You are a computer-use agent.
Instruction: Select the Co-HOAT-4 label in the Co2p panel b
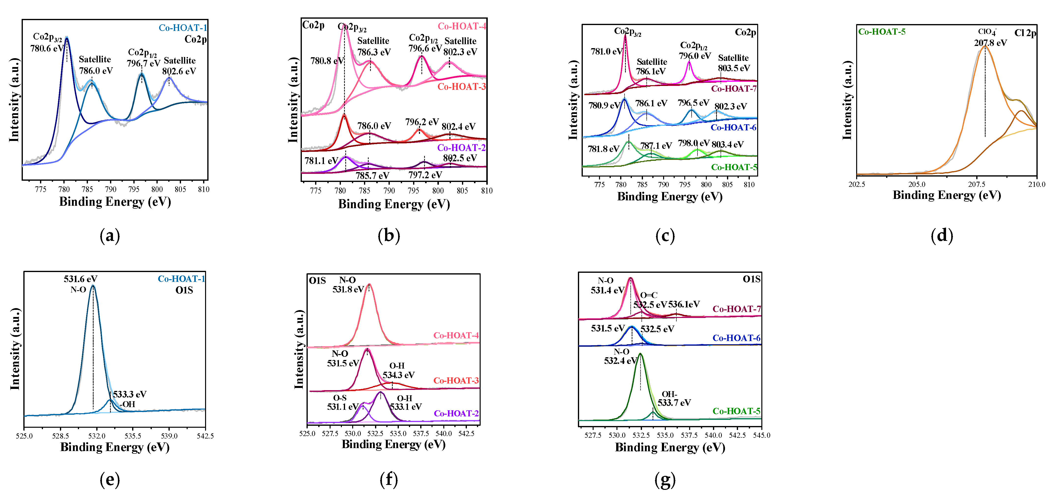(x=462, y=26)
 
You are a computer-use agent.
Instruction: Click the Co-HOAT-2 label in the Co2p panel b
(x=461, y=148)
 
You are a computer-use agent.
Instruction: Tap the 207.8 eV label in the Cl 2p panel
(x=990, y=43)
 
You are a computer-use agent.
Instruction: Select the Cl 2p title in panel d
(x=1025, y=33)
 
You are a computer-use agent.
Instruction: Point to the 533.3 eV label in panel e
(x=130, y=394)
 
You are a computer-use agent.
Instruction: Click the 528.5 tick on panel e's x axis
(x=60, y=436)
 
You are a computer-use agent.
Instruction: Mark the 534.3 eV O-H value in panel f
(x=398, y=375)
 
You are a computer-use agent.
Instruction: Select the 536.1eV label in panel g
(x=684, y=304)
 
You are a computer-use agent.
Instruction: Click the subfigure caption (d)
(x=941, y=235)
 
